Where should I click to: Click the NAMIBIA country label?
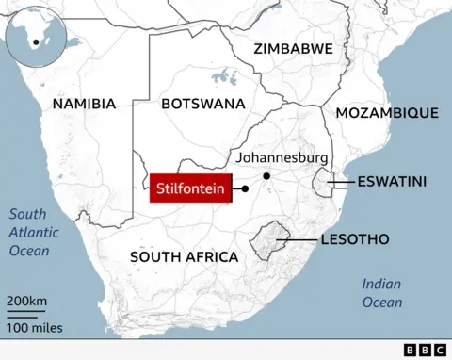85,104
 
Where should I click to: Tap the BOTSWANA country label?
204,104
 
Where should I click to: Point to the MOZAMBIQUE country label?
387,113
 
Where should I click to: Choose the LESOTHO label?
354,239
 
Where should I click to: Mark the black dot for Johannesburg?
266,176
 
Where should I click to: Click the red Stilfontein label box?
191,188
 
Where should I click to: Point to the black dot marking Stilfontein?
245,188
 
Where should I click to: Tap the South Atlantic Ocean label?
34,232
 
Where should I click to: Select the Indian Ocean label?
381,293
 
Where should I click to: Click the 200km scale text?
27,301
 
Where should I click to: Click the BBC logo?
426,350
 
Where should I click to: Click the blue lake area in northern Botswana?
223,76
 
